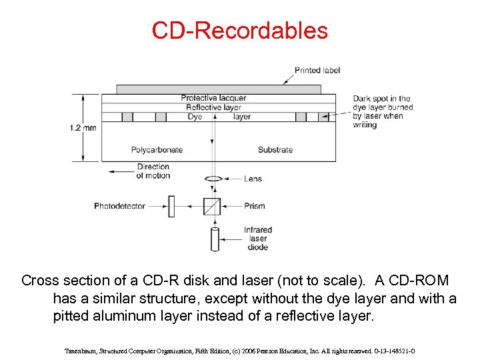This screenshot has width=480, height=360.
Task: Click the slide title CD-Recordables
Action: [x=239, y=31]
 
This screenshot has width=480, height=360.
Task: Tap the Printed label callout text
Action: [x=317, y=70]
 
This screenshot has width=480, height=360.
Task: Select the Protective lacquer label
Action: [x=213, y=98]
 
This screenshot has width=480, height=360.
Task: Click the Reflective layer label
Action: [x=213, y=107]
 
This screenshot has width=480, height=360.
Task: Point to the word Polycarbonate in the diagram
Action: [x=157, y=150]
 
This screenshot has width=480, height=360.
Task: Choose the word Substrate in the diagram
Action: [x=275, y=150]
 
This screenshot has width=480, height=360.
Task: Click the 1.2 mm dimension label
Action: [x=82, y=127]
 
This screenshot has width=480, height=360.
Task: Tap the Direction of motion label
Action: [x=153, y=171]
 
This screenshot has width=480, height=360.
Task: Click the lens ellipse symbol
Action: [x=213, y=179]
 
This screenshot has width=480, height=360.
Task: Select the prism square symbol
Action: [x=212, y=206]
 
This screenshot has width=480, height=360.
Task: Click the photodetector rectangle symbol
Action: [x=170, y=206]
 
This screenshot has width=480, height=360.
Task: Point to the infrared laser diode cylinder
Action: [x=215, y=239]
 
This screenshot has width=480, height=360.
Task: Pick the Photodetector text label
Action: [x=119, y=206]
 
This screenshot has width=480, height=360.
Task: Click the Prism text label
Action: [x=255, y=206]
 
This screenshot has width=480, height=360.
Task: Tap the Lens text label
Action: [x=253, y=179]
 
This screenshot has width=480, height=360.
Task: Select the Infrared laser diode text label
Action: [x=257, y=239]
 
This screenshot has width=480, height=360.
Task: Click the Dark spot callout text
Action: [x=383, y=111]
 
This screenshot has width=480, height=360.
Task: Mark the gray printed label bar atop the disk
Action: [x=218, y=89]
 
